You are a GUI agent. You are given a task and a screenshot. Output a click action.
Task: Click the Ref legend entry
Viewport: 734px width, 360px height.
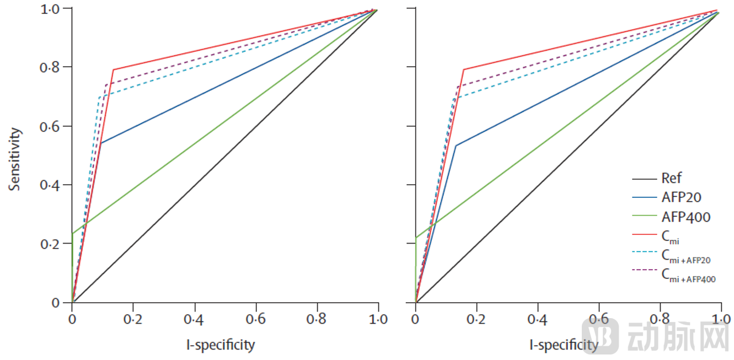pyautogui.click(x=671, y=178)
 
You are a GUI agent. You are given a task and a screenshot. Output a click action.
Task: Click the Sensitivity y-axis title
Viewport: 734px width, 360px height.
pyautogui.click(x=15, y=159)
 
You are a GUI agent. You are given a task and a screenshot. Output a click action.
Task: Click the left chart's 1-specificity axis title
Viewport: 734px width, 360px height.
pyautogui.click(x=221, y=345)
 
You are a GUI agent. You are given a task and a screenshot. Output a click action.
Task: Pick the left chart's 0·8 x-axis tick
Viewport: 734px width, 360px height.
pyautogui.click(x=317, y=319)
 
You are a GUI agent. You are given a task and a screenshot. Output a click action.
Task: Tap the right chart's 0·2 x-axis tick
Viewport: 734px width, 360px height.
pyautogui.click(x=476, y=319)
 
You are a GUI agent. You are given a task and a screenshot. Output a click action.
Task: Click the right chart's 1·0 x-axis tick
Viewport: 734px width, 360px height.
pyautogui.click(x=721, y=319)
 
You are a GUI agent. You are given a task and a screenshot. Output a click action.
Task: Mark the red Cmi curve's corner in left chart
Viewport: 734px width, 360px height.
pyautogui.click(x=113, y=69)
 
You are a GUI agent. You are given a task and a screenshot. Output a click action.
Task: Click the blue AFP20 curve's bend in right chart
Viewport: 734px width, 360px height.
pyautogui.click(x=456, y=146)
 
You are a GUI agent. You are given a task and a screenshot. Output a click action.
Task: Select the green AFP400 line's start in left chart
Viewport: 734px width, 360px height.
pyautogui.click(x=72, y=234)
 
